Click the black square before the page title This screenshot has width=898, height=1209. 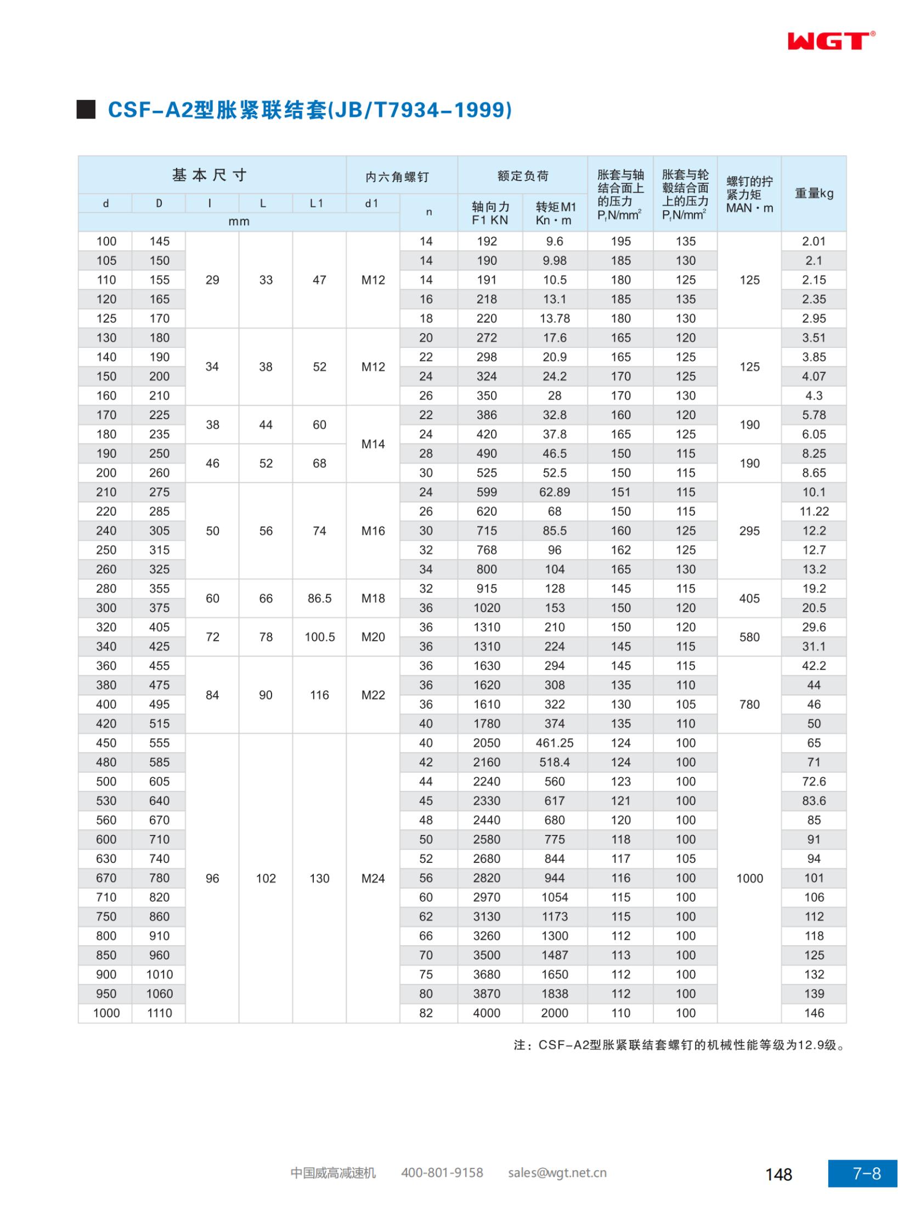[86, 110]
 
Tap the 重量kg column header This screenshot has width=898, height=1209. [814, 193]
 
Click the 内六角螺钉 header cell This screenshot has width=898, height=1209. [397, 177]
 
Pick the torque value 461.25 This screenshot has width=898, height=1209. [555, 743]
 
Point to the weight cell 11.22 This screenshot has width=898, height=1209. [814, 511]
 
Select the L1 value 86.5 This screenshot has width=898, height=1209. [319, 598]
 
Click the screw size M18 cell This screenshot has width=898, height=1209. [373, 598]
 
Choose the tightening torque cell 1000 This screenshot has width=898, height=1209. [749, 878]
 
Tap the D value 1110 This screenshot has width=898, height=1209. [159, 1013]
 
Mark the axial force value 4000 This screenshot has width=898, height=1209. [487, 1013]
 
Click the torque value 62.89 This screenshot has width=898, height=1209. [555, 492]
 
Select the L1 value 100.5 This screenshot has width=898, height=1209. [319, 637]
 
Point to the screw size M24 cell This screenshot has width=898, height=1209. [373, 878]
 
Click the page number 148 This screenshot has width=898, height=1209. [779, 1174]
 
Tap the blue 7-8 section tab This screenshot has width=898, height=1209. [862, 1173]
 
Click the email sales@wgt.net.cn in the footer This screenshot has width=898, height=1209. [557, 1173]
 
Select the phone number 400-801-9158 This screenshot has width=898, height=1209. [442, 1173]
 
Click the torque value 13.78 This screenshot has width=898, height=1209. [555, 318]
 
